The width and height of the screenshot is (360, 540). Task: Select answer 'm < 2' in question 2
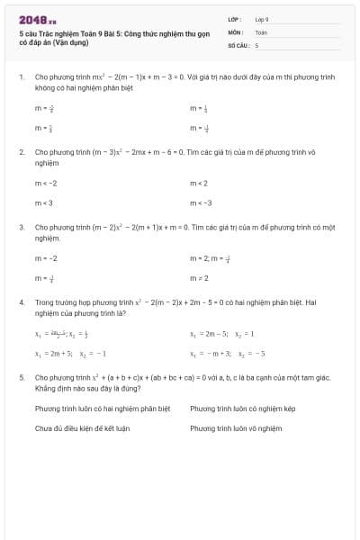[x=199, y=184]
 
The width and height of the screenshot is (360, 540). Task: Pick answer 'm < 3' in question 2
[x=44, y=202]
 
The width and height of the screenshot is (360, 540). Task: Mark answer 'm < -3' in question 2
[x=201, y=202]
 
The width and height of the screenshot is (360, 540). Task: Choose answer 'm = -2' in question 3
[x=47, y=258]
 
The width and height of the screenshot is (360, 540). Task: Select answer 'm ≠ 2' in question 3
[x=199, y=278]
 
